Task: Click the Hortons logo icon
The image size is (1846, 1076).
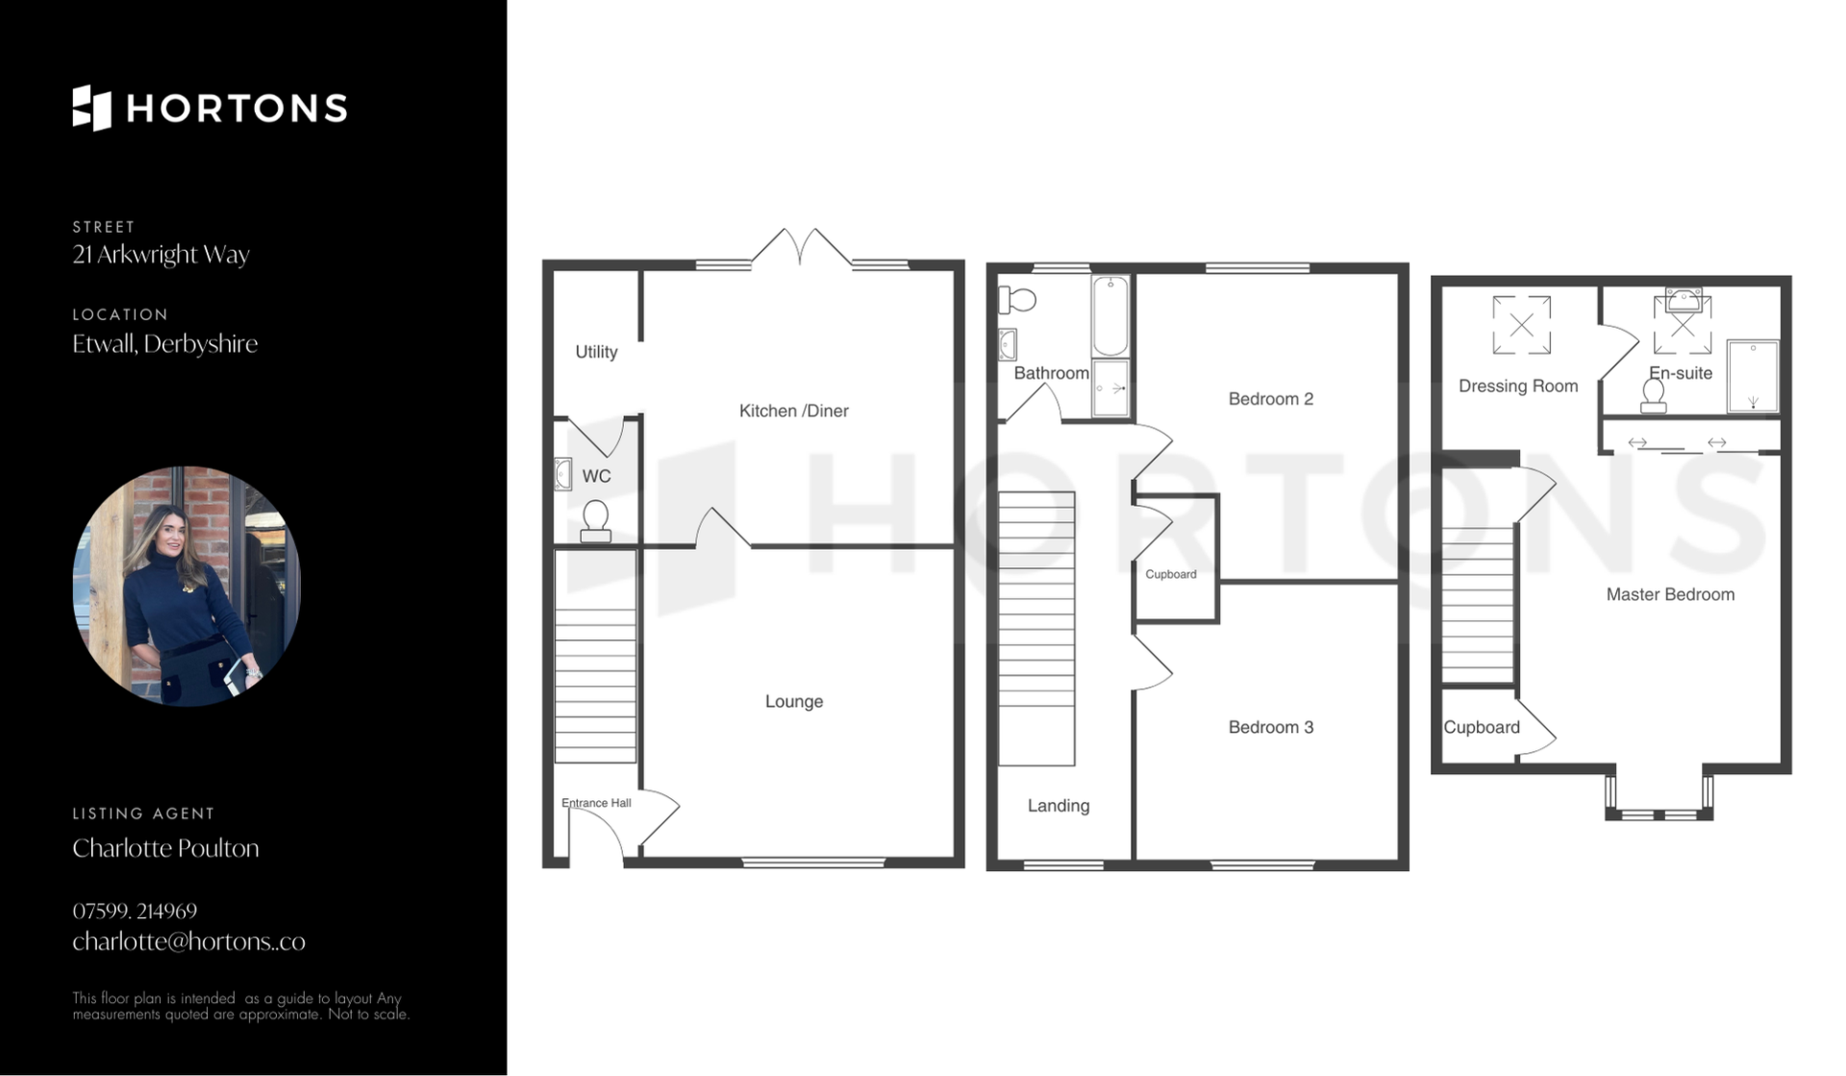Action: click(92, 108)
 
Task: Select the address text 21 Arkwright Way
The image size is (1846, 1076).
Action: click(161, 255)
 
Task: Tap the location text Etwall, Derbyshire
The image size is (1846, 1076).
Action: click(164, 343)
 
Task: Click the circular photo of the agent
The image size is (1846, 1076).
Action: click(187, 586)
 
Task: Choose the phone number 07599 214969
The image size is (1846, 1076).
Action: click(135, 911)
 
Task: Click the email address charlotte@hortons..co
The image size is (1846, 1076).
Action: click(188, 941)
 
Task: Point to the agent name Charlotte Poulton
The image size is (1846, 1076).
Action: click(165, 848)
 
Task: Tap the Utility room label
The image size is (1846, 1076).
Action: click(596, 352)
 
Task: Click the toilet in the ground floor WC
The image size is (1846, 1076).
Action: click(596, 521)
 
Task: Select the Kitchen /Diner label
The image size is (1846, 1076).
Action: click(793, 411)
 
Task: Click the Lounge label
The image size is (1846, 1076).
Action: click(794, 702)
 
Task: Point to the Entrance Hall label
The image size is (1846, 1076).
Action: click(596, 803)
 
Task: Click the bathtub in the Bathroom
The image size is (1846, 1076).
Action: click(1110, 316)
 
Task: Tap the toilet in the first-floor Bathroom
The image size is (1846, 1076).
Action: click(1017, 300)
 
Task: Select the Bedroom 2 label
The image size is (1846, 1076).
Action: click(1270, 399)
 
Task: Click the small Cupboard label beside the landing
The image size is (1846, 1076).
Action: click(1171, 574)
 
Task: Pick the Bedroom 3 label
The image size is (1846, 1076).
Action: click(1270, 727)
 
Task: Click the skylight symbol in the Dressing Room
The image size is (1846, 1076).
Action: click(1521, 325)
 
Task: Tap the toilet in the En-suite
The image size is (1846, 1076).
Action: click(1654, 395)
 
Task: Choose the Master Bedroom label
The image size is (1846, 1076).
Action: click(1670, 594)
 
